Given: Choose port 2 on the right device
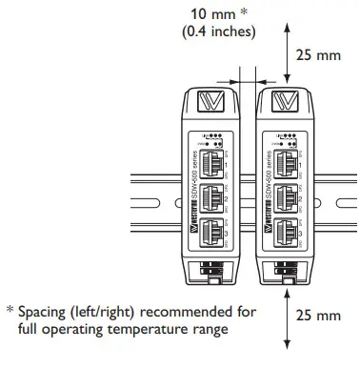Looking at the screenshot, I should [285, 194].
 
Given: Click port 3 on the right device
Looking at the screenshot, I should [285, 229].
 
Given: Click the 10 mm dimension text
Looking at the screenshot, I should [218, 15].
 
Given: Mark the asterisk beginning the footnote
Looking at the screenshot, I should [10, 310].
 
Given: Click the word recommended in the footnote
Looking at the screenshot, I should [177, 311].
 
